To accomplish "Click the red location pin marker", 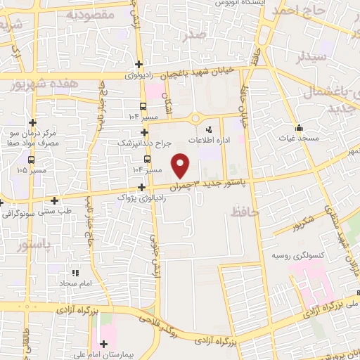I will [181, 165].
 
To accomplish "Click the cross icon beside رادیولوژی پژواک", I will [143, 187].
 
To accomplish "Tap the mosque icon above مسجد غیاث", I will [300, 128].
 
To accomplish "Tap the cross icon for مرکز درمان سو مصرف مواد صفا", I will [32, 122].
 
